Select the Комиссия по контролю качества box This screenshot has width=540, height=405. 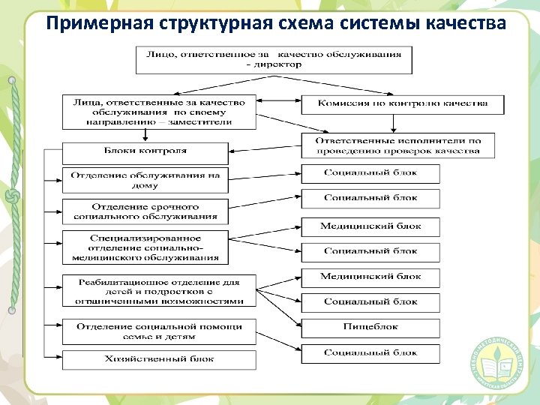402,103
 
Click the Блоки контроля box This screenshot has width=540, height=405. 145,153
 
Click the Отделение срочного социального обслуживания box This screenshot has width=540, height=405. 145,211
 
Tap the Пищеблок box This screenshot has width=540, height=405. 370,327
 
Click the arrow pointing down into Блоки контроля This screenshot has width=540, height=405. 145,134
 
